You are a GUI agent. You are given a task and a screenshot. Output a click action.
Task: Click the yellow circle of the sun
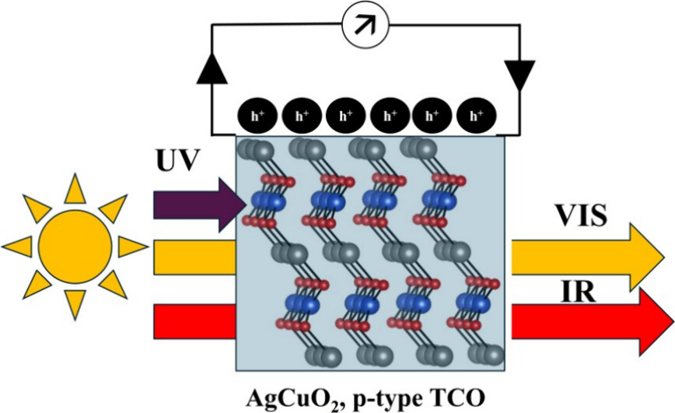75,247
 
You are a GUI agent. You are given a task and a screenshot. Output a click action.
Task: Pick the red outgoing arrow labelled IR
591,319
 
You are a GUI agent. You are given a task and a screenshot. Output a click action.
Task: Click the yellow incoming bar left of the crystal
195,257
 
